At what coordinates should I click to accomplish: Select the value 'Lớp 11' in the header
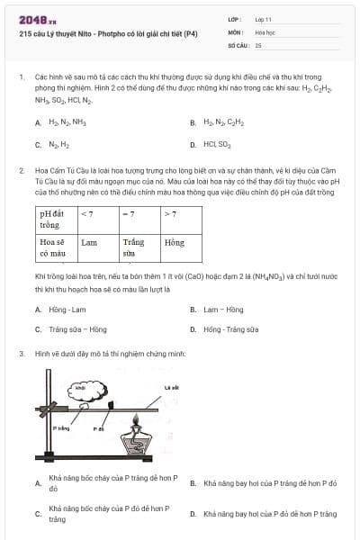click(x=263, y=19)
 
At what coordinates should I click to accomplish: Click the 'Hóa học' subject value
click(x=265, y=31)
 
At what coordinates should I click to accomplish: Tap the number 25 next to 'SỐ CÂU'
click(x=258, y=44)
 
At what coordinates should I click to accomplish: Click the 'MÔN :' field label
click(x=236, y=31)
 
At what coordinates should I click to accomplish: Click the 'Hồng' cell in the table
click(x=174, y=242)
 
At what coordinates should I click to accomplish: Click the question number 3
click(x=21, y=354)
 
